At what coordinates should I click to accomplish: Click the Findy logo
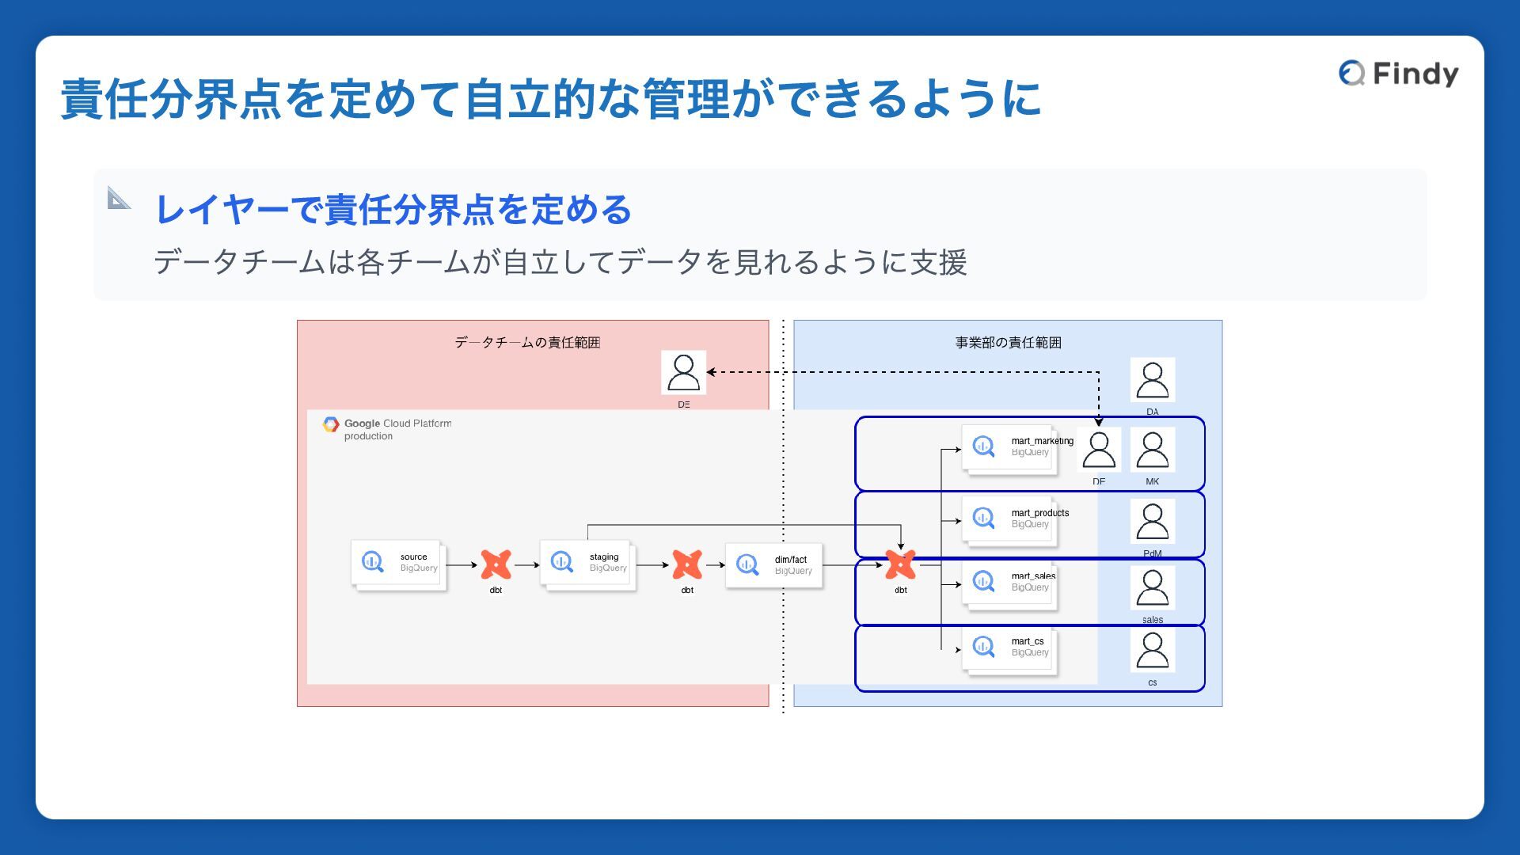(x=1398, y=74)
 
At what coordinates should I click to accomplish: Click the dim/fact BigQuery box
(x=773, y=565)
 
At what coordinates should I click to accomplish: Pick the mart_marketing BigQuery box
(x=1009, y=448)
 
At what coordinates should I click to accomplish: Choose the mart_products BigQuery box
(x=1009, y=519)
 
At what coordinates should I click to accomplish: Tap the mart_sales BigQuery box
(x=1009, y=583)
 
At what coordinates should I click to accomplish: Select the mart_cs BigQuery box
(x=1009, y=648)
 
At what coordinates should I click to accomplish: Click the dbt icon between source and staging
(x=496, y=565)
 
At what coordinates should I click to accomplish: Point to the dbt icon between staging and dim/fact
(x=687, y=565)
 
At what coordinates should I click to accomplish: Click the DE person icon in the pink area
(x=683, y=373)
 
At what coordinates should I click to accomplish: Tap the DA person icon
(x=1152, y=381)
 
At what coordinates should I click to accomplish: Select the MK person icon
(x=1152, y=450)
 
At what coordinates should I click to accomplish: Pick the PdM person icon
(x=1152, y=522)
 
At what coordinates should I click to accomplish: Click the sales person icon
(x=1152, y=588)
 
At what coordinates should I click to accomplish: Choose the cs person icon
(x=1152, y=652)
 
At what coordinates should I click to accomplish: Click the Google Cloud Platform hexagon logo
(x=331, y=424)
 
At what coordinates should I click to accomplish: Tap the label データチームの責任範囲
(x=527, y=343)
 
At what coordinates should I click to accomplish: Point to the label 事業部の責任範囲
(x=1008, y=343)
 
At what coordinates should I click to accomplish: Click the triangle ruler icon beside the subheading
(x=119, y=198)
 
